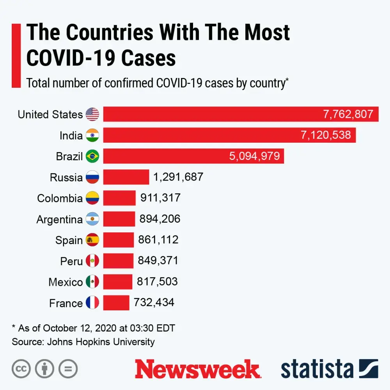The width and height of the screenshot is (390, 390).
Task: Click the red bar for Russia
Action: (126, 177)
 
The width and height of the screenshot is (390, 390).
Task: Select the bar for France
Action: (116, 303)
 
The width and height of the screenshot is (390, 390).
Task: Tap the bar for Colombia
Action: (119, 198)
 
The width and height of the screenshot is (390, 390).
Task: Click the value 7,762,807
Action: (348, 114)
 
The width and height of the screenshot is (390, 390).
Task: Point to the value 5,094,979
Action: (255, 156)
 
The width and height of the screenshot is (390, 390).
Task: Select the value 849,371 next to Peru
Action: (158, 261)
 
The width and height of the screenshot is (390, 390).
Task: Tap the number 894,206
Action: (160, 219)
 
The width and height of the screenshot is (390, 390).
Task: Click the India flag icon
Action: (92, 135)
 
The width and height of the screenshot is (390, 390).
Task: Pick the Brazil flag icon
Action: (92, 156)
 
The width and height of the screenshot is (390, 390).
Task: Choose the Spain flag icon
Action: (92, 240)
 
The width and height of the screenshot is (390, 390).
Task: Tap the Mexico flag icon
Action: (92, 282)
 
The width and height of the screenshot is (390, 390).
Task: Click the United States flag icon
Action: (92, 114)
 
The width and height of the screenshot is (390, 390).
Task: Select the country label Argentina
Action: (60, 220)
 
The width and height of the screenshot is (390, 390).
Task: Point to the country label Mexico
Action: (66, 282)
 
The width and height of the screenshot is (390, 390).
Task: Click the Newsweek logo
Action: (197, 369)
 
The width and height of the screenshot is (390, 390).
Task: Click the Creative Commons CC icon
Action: (21, 369)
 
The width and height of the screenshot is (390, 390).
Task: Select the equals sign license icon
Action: (68, 369)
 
